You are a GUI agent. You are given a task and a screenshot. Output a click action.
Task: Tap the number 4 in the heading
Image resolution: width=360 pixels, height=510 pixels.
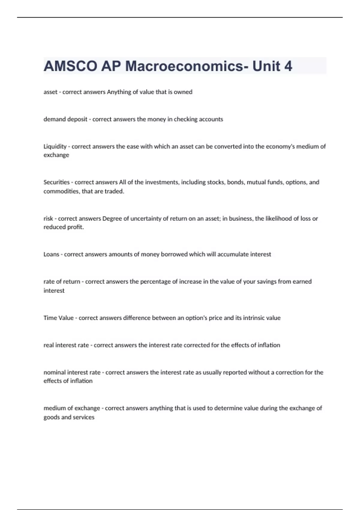[288, 66]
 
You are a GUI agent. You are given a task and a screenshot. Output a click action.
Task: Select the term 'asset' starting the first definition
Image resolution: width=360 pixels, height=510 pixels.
[50, 92]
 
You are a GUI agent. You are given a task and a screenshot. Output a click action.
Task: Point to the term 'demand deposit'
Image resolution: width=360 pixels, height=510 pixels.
[65, 119]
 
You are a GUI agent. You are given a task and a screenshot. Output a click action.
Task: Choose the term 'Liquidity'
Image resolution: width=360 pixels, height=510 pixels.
[55, 147]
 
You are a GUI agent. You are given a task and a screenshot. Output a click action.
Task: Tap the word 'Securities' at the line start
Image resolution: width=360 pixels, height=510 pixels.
[56, 182]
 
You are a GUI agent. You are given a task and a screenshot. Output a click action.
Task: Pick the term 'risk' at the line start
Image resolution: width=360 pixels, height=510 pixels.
[48, 219]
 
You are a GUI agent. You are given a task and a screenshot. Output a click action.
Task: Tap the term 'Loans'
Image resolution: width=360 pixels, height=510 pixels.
[51, 254]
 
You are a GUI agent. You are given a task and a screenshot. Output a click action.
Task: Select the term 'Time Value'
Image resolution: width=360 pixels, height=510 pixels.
[58, 318]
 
